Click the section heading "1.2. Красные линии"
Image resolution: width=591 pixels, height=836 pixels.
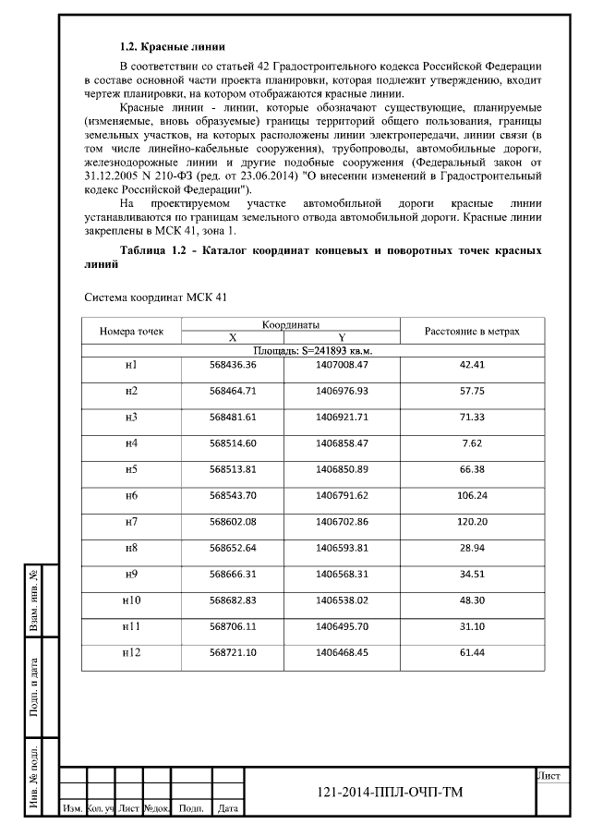tap(173, 45)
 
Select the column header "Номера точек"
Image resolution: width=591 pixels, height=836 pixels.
tap(131, 331)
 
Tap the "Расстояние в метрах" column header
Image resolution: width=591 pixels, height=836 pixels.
tap(471, 331)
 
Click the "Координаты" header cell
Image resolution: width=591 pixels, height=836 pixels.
tap(290, 324)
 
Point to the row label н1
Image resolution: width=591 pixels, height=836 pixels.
tap(131, 364)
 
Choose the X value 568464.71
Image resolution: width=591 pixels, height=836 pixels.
tap(233, 391)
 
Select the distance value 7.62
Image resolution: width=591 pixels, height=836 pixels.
tap(471, 443)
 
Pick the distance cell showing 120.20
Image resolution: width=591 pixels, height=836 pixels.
tap(471, 522)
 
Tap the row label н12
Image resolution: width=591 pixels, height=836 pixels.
tap(131, 653)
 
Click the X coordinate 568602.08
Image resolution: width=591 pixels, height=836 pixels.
tap(233, 522)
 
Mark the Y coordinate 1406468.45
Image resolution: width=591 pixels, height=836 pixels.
tap(342, 653)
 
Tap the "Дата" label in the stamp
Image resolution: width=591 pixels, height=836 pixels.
tap(225, 809)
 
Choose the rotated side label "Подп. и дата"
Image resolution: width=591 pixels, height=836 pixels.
tap(34, 687)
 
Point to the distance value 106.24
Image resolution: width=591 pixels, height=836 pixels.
tap(471, 496)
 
